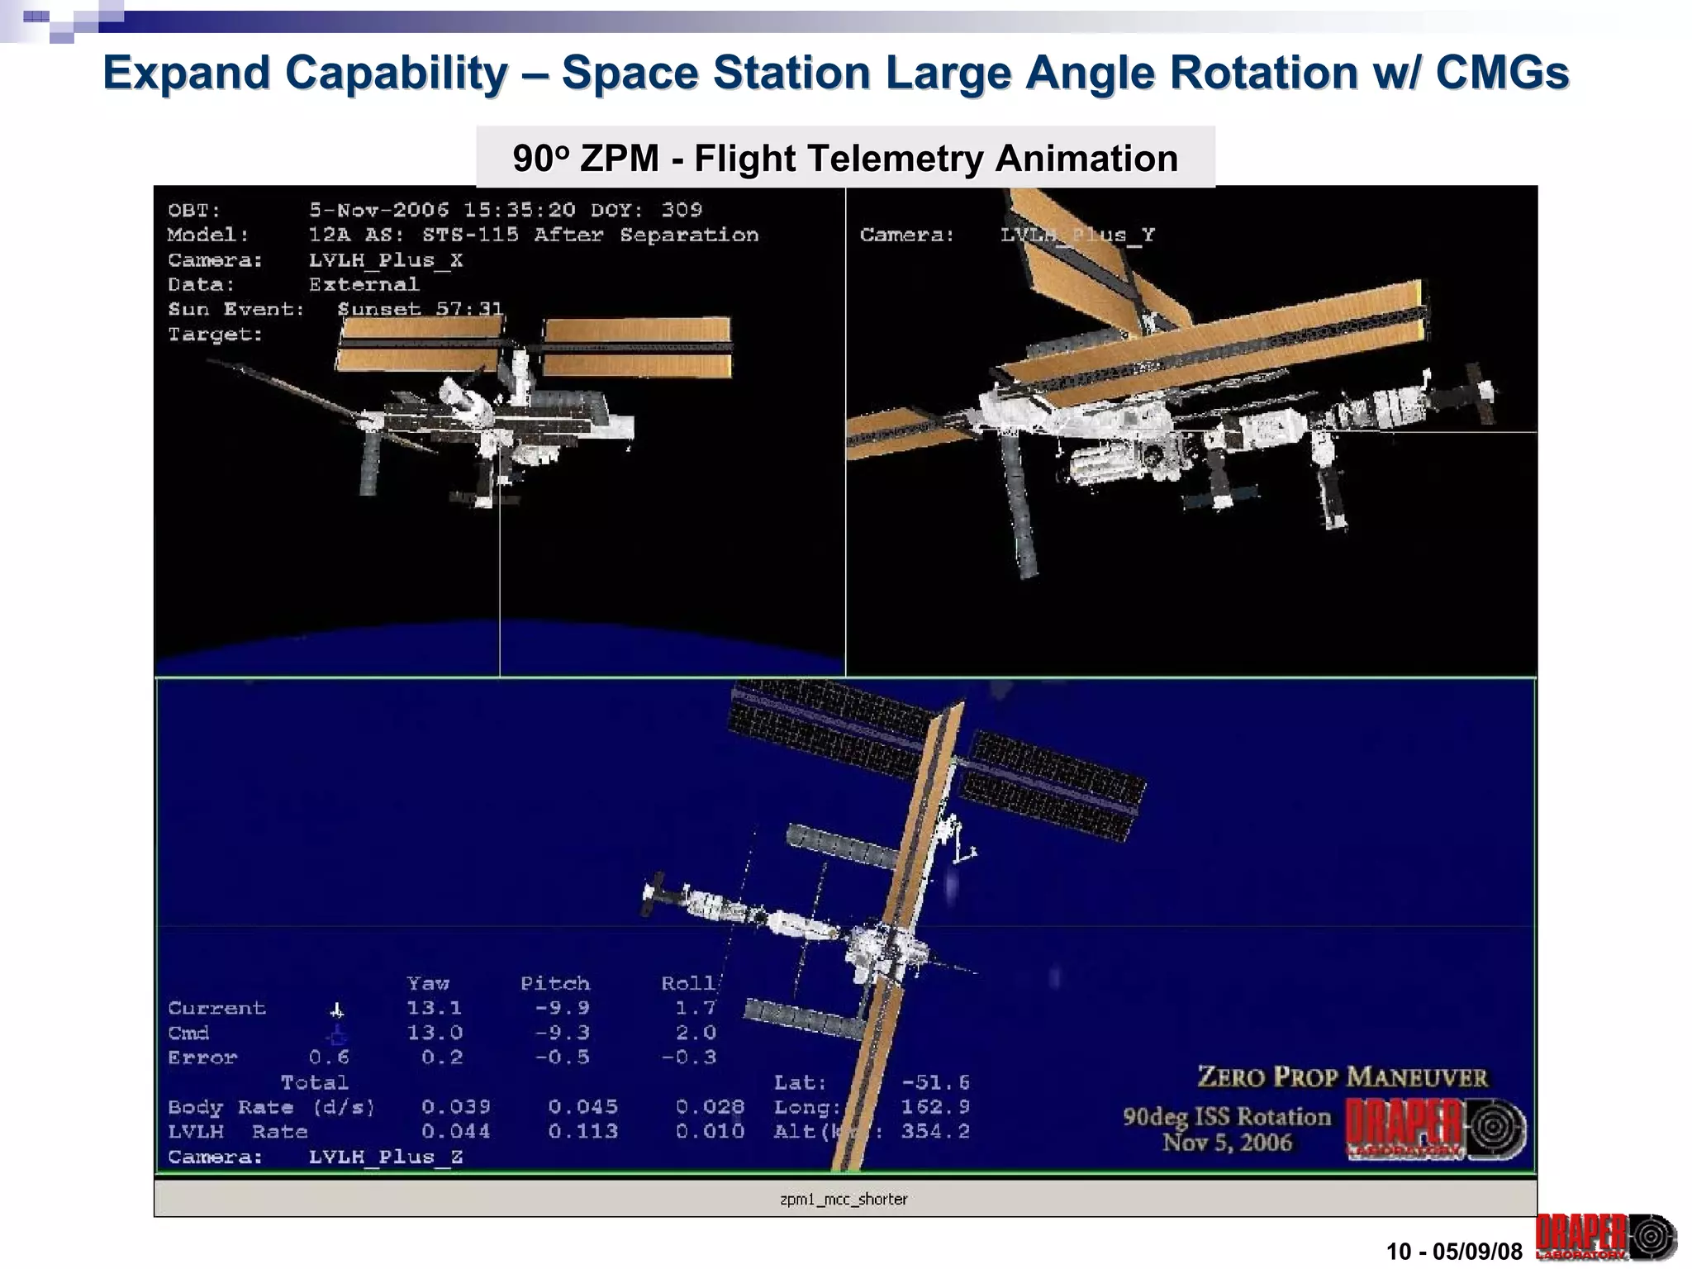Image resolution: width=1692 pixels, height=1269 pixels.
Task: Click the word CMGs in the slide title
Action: (x=1501, y=73)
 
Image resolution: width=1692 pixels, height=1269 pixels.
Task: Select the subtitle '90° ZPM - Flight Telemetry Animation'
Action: (x=845, y=158)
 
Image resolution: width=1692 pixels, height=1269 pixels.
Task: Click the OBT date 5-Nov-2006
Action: (x=378, y=210)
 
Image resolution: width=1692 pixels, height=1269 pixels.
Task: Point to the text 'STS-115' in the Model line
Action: (x=470, y=235)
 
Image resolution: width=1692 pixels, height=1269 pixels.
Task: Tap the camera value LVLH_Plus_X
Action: (x=385, y=260)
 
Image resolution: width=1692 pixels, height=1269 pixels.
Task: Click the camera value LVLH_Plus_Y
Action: (x=1077, y=235)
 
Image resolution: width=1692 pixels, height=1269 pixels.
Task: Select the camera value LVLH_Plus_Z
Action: (x=385, y=1157)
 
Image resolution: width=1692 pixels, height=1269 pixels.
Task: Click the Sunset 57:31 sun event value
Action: (x=420, y=309)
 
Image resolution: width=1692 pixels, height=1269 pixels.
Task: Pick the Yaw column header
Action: (x=428, y=983)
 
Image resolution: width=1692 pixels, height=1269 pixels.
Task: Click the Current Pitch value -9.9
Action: (x=562, y=1008)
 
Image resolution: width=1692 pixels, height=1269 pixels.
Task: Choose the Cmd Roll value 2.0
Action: (x=695, y=1033)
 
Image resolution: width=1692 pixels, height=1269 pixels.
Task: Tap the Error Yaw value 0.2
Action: (x=442, y=1057)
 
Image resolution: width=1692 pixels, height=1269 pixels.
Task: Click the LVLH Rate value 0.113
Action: (x=582, y=1131)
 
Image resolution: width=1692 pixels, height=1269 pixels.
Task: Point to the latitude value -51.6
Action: (x=935, y=1082)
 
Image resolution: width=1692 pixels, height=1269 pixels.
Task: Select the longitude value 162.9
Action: (x=935, y=1107)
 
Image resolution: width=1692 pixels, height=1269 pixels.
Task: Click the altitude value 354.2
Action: (x=935, y=1131)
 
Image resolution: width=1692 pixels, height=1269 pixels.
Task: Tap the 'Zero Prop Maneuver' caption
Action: (x=1343, y=1077)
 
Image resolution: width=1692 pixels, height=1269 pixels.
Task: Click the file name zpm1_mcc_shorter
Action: (x=844, y=1199)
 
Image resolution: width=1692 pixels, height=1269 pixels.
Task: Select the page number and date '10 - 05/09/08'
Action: (x=1454, y=1251)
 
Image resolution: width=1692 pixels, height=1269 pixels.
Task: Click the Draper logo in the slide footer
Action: (x=1605, y=1237)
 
